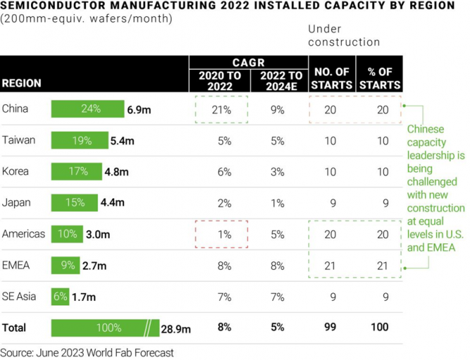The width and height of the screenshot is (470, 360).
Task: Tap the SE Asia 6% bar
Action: [x=60, y=297]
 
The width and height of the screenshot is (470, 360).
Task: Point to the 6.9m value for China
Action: [x=139, y=110]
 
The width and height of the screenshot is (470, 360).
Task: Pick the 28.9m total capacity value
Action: [x=176, y=328]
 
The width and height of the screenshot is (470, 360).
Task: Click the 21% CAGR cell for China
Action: [x=222, y=110]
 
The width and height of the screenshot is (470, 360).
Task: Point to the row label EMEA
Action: [x=15, y=265]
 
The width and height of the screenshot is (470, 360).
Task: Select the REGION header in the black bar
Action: [x=22, y=83]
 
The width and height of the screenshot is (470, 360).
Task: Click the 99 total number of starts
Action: [x=330, y=328]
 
